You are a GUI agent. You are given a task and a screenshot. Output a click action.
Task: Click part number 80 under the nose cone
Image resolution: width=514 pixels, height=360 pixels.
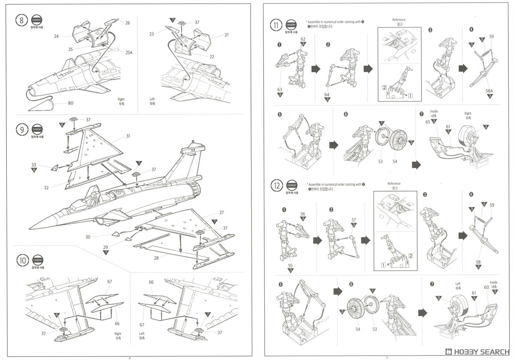pyautogui.click(x=70, y=103)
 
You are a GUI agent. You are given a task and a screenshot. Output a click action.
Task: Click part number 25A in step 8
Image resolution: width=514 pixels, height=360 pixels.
pyautogui.click(x=128, y=53)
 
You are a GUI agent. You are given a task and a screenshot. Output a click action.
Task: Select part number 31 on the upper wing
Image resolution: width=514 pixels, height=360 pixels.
pyautogui.click(x=128, y=136)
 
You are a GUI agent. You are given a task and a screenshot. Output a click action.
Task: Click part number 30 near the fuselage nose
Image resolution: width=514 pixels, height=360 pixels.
pyautogui.click(x=88, y=237)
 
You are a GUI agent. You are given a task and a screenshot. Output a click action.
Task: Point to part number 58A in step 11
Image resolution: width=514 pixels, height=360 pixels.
pyautogui.click(x=489, y=90)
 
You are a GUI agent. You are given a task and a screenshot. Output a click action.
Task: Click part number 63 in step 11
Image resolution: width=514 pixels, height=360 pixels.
pyautogui.click(x=280, y=89)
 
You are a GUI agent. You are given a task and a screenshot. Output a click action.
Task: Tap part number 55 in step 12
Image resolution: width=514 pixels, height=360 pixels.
pyautogui.click(x=290, y=265)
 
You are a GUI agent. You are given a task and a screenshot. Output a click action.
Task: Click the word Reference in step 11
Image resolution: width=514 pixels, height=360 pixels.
pyautogui.click(x=398, y=20)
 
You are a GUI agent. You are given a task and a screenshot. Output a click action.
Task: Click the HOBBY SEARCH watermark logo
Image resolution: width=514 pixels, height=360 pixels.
pyautogui.click(x=475, y=350)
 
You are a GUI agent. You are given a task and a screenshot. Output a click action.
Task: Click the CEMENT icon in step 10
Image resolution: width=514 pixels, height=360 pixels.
pyautogui.click(x=38, y=260)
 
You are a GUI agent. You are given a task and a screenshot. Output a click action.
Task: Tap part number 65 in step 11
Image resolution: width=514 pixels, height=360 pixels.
pyautogui.click(x=427, y=122)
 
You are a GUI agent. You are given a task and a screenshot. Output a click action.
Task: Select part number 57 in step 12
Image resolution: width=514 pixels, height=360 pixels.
pyautogui.click(x=353, y=219)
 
